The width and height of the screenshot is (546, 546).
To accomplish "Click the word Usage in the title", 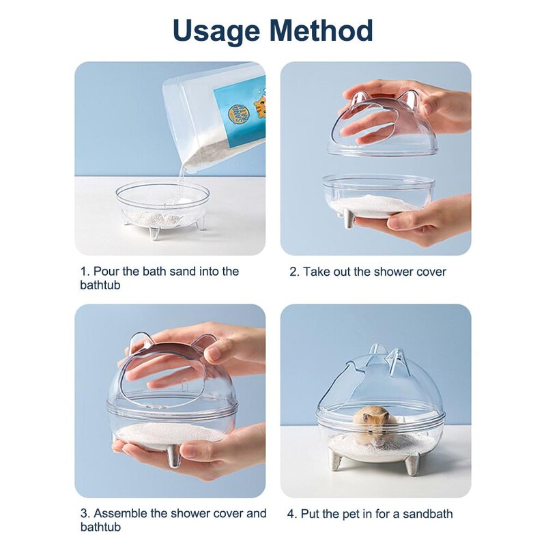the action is pyautogui.click(x=216, y=31).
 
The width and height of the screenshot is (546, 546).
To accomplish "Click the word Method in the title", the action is pyautogui.click(x=321, y=30).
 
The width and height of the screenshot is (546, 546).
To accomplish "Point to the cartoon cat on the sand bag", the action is pyautogui.click(x=259, y=106).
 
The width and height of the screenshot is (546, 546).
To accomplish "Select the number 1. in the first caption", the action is pyautogui.click(x=85, y=271).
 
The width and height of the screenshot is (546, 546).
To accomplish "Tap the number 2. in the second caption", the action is pyautogui.click(x=294, y=272).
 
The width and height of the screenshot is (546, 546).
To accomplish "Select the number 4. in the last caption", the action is pyautogui.click(x=292, y=514).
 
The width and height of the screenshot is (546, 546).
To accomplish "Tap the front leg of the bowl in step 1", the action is pyautogui.click(x=154, y=233).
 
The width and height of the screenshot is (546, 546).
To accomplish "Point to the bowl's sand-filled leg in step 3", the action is pyautogui.click(x=174, y=457).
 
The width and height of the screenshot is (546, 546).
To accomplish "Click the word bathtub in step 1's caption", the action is pyautogui.click(x=100, y=285).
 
